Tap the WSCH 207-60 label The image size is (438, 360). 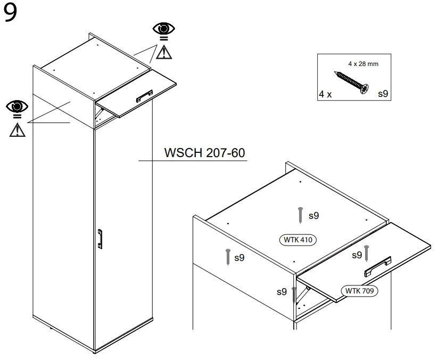[204, 153]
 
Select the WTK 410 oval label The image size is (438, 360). [298, 240]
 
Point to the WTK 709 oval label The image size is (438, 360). [359, 291]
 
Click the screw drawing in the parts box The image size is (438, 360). [350, 83]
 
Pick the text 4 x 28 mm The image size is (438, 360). [363, 63]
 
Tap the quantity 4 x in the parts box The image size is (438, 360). [325, 94]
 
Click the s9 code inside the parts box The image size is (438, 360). [383, 94]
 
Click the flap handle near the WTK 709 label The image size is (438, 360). [377, 267]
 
